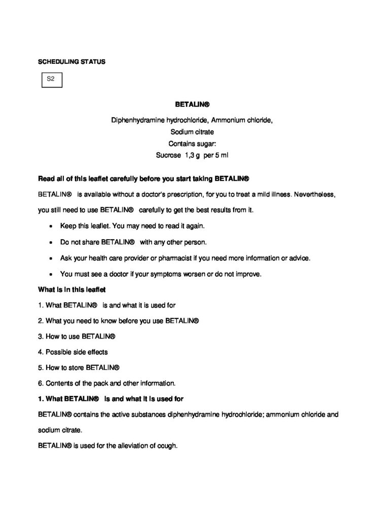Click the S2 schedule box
pyautogui.click(x=51, y=79)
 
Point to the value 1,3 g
pyautogui.click(x=193, y=155)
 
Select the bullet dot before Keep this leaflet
pyautogui.click(x=52, y=225)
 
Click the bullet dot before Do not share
pyautogui.click(x=52, y=241)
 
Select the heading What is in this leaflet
pyautogui.click(x=71, y=290)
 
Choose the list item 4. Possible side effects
pyautogui.click(x=73, y=351)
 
